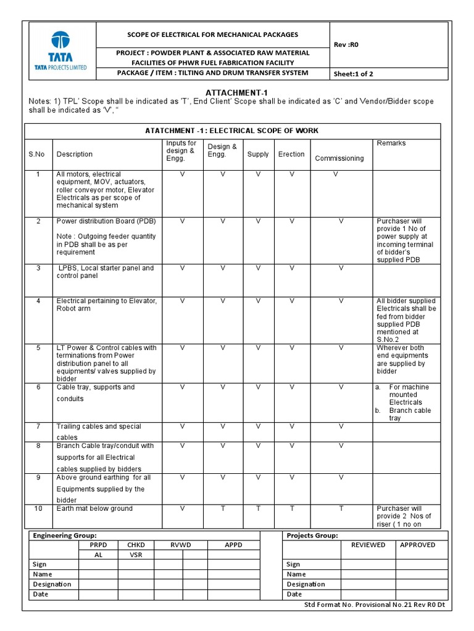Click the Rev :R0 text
coord(346,44)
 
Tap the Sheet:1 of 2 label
coord(353,74)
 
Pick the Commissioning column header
coord(339,158)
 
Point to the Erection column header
coord(291,154)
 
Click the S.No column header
coord(36,154)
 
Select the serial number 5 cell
coord(38,348)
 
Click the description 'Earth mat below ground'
coord(94,508)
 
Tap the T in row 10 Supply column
coord(258,508)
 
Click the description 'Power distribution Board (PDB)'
coord(106,221)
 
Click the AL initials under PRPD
coord(98,555)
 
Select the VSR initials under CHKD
coord(136,555)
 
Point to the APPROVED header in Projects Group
coord(417,545)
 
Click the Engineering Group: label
coord(64,535)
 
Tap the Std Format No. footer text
coord(374,605)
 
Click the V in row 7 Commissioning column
coord(341,426)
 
